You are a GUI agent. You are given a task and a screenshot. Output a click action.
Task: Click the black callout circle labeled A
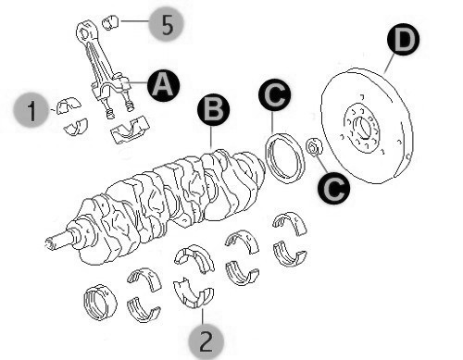pyautogui.click(x=163, y=85)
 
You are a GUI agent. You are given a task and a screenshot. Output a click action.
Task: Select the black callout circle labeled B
pyautogui.click(x=214, y=110)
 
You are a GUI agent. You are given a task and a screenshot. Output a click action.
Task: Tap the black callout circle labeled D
pyautogui.click(x=404, y=39)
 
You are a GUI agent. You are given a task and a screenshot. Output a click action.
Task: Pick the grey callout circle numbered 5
pyautogui.click(x=166, y=24)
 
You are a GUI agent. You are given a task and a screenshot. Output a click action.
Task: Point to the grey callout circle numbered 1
pyautogui.click(x=31, y=109)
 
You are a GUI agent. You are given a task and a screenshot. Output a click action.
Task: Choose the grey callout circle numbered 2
pyautogui.click(x=206, y=341)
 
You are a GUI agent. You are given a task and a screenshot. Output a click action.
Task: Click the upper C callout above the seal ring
pyautogui.click(x=275, y=93)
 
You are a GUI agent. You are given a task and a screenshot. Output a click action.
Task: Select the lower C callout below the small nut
pyautogui.click(x=334, y=188)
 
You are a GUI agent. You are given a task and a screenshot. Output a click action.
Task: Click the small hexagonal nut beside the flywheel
pyautogui.click(x=314, y=147)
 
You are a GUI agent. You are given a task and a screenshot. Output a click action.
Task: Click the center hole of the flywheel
pyautogui.click(x=363, y=128)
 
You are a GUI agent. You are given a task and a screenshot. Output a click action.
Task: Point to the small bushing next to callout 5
pyautogui.click(x=110, y=22)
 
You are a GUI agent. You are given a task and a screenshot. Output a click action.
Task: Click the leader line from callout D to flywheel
pyautogui.click(x=390, y=63)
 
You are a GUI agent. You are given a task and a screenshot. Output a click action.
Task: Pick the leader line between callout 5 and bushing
pyautogui.click(x=135, y=21)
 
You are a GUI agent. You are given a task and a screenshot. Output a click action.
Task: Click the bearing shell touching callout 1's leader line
pyautogui.click(x=69, y=106)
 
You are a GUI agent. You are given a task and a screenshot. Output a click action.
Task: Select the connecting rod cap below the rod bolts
pyautogui.click(x=131, y=130)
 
